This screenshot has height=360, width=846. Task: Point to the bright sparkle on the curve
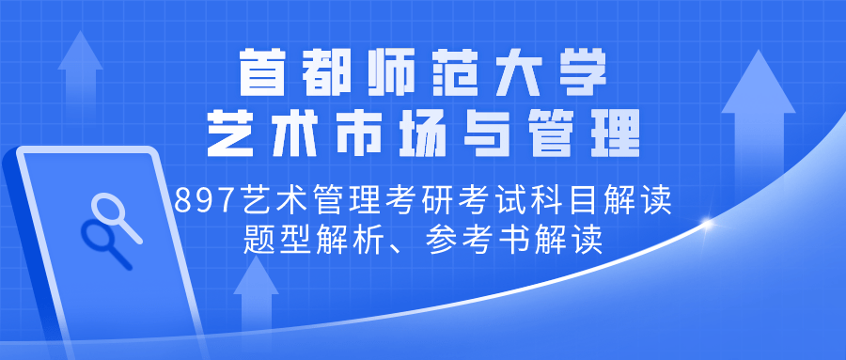click(707, 225)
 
